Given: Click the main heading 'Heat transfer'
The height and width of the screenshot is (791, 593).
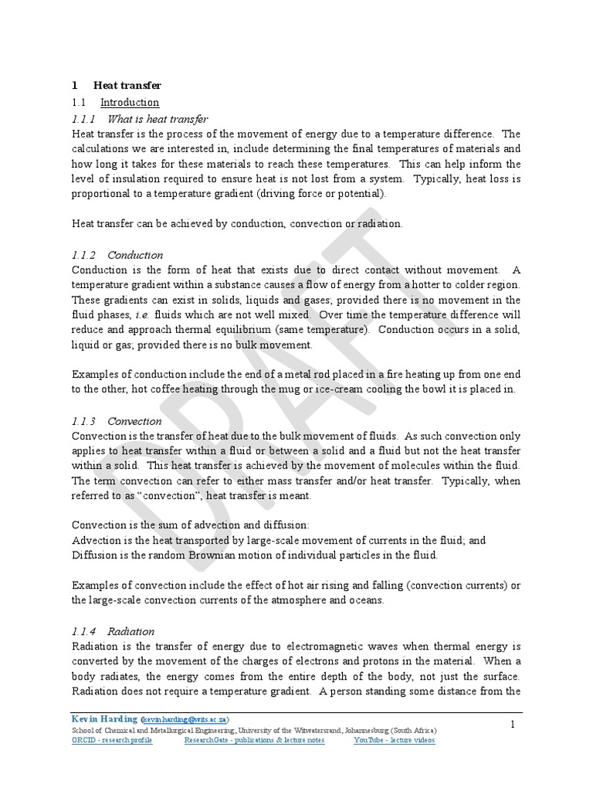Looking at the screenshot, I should pyautogui.click(x=127, y=86).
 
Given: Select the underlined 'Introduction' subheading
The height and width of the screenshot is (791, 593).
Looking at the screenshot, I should pyautogui.click(x=130, y=103).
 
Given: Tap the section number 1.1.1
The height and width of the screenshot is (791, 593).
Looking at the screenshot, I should pyautogui.click(x=82, y=119).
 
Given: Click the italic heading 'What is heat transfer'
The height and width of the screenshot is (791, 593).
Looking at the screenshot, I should pyautogui.click(x=158, y=119).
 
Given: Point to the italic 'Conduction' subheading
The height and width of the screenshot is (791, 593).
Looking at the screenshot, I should pyautogui.click(x=135, y=255).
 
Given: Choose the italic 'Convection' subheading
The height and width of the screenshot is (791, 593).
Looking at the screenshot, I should pyautogui.click(x=134, y=421).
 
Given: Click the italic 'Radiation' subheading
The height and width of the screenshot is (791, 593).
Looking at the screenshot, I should pyautogui.click(x=131, y=631).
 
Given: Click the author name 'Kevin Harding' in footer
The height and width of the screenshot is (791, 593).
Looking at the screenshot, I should pyautogui.click(x=104, y=718).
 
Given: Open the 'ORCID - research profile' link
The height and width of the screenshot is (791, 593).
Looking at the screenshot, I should pyautogui.click(x=112, y=740).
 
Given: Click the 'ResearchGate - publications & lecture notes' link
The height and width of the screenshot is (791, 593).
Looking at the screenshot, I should pyautogui.click(x=254, y=740).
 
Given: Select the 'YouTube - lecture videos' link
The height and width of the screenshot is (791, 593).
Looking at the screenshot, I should pyautogui.click(x=394, y=740).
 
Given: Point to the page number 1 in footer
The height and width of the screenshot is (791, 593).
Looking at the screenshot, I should pyautogui.click(x=512, y=724).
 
